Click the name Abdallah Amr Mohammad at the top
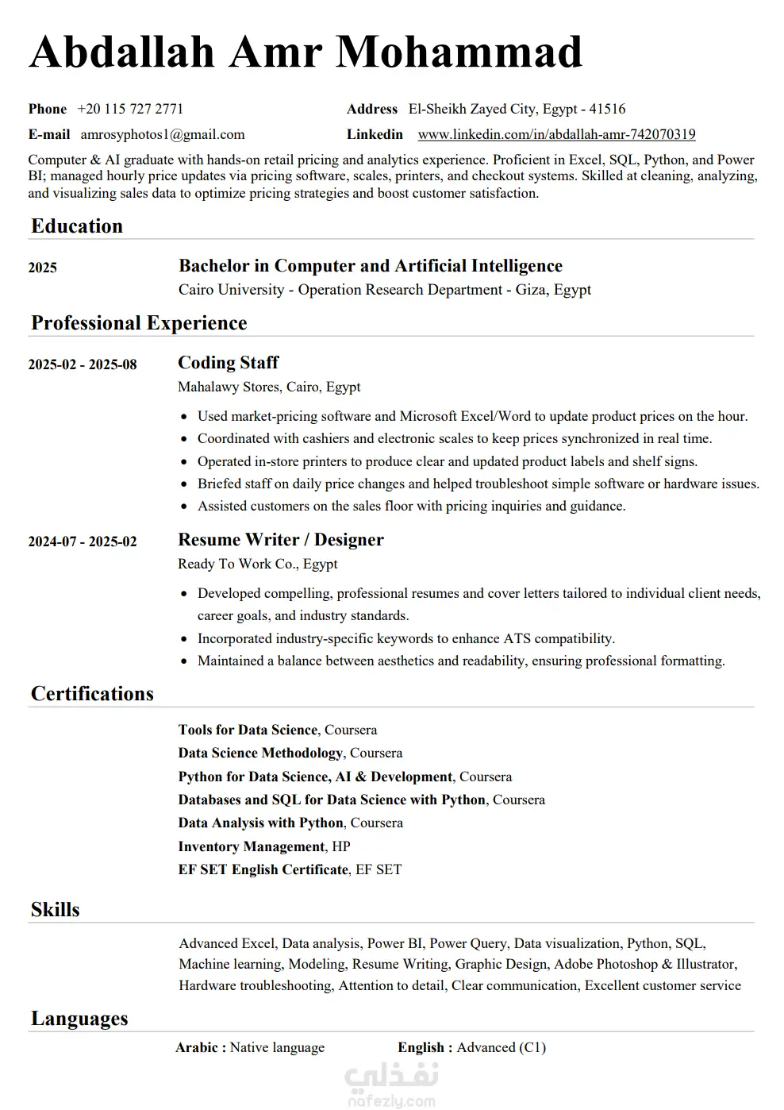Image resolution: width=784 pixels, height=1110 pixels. (x=306, y=52)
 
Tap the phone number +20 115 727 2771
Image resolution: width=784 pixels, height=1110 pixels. (x=130, y=109)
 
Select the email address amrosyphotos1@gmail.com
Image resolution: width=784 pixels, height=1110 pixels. (x=163, y=134)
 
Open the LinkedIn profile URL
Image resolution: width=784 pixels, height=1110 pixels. (x=556, y=134)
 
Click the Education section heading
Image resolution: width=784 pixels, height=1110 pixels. (x=77, y=226)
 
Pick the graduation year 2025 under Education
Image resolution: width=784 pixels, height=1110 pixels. (x=43, y=268)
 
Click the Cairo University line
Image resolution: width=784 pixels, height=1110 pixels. (x=385, y=290)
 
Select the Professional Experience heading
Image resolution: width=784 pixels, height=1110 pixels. (x=139, y=323)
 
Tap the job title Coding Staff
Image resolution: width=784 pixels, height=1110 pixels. (x=229, y=363)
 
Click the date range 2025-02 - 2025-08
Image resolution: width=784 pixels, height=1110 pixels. (x=83, y=364)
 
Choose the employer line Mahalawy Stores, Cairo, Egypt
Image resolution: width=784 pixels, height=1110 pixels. (x=269, y=387)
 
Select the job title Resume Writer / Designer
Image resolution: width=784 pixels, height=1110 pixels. (x=281, y=540)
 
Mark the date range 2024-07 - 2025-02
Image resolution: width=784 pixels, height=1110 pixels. (x=83, y=542)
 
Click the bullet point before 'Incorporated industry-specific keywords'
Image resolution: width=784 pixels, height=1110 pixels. (x=184, y=638)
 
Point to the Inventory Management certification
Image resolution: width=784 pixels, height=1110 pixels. (x=252, y=846)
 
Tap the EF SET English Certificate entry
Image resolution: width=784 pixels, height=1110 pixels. (x=263, y=869)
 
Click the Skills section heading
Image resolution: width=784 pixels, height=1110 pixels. (x=56, y=910)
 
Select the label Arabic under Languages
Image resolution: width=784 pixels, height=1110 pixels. (x=198, y=1047)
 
